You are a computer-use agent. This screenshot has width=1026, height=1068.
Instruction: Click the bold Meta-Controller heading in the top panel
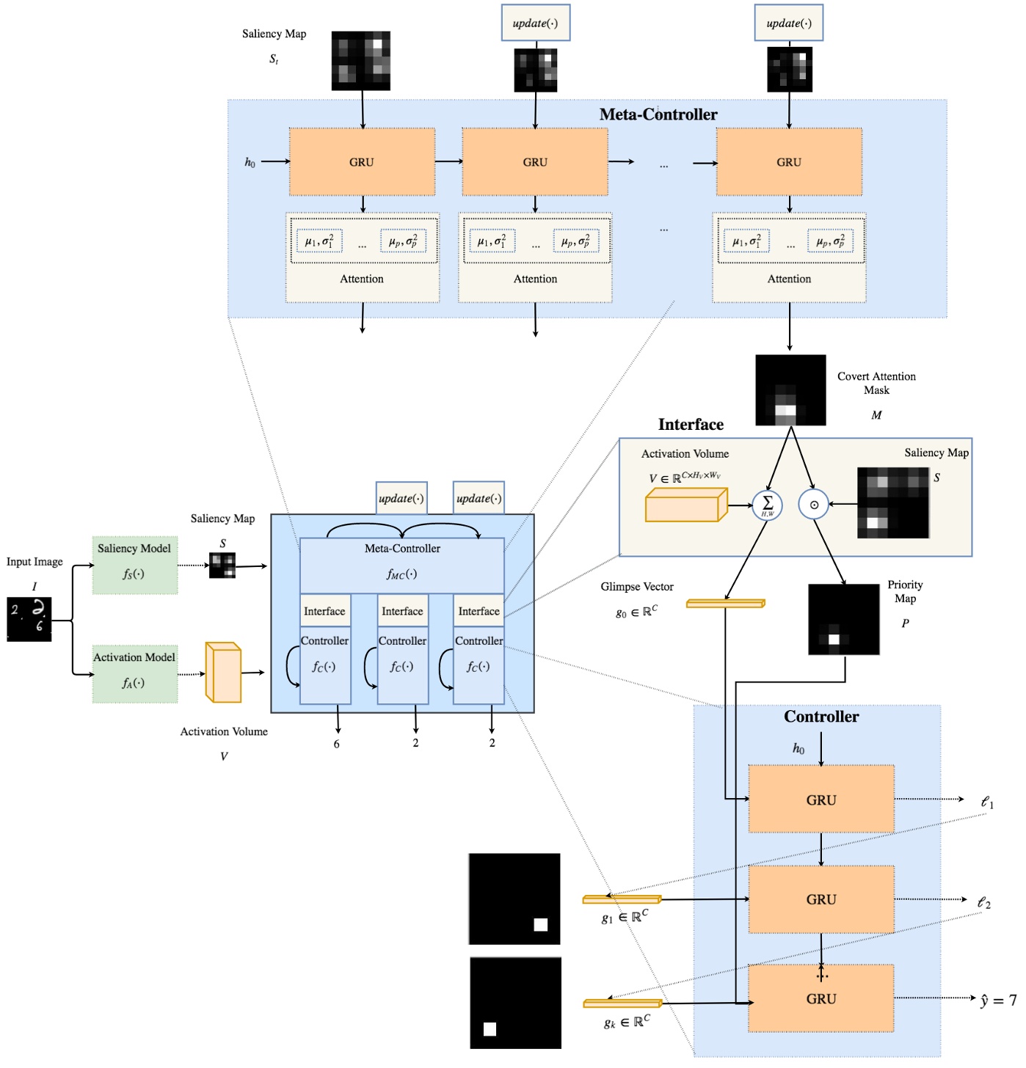[658, 114]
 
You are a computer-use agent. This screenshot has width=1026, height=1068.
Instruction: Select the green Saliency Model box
[134, 564]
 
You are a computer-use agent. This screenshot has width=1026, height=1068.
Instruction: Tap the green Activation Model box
[134, 673]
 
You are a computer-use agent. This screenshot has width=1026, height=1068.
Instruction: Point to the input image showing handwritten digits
[29, 619]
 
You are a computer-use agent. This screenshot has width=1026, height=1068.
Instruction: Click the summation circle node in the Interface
[768, 505]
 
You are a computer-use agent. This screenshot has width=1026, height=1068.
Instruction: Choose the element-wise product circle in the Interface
[813, 505]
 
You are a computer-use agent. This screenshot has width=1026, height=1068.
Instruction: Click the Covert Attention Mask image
[790, 390]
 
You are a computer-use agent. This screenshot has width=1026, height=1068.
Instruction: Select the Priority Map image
[843, 620]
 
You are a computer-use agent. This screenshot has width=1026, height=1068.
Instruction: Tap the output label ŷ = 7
[998, 1001]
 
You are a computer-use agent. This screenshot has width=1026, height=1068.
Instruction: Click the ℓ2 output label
[984, 902]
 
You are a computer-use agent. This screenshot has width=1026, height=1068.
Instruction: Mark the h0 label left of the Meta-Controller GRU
[250, 162]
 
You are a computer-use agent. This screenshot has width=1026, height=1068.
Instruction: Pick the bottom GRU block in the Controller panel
[821, 998]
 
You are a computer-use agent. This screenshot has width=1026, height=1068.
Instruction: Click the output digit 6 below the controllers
[337, 744]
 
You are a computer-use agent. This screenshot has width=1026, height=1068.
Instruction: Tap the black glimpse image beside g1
[514, 899]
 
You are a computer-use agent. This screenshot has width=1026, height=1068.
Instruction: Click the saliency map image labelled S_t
[360, 61]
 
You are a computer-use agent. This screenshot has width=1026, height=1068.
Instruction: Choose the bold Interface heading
[691, 425]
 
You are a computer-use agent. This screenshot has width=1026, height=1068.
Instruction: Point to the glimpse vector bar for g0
[725, 604]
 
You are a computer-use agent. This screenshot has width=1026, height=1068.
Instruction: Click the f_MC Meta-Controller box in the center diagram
[402, 566]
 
